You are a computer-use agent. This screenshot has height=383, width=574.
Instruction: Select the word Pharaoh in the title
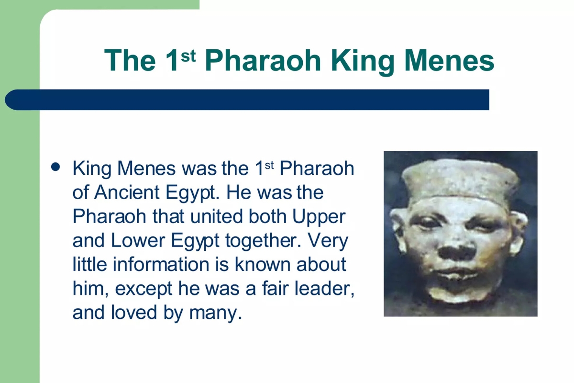[x=263, y=61]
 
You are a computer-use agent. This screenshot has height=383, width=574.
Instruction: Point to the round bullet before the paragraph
[x=56, y=167]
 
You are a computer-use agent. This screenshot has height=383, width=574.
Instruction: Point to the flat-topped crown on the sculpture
[x=459, y=181]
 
